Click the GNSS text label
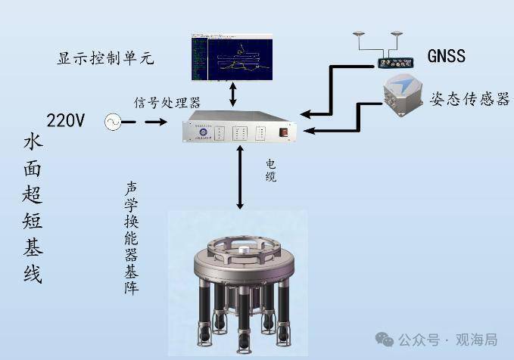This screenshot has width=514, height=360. [x=447, y=55]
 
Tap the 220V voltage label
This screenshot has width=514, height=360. [x=68, y=119]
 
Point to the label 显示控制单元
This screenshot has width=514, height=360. [x=106, y=58]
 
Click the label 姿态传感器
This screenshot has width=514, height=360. [x=469, y=99]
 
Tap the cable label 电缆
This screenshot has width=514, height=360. [x=270, y=169]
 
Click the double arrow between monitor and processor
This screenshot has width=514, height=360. [x=233, y=93]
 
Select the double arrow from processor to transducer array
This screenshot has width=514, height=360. [x=240, y=178]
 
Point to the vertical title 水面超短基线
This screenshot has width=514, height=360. [x=33, y=209]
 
